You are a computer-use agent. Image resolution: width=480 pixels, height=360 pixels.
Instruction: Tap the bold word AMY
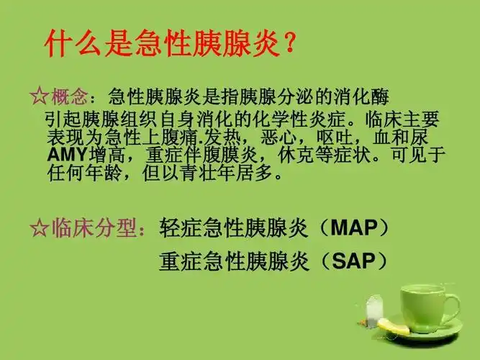point(65,155)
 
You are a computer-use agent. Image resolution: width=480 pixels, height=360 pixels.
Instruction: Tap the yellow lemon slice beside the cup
point(394,327)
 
